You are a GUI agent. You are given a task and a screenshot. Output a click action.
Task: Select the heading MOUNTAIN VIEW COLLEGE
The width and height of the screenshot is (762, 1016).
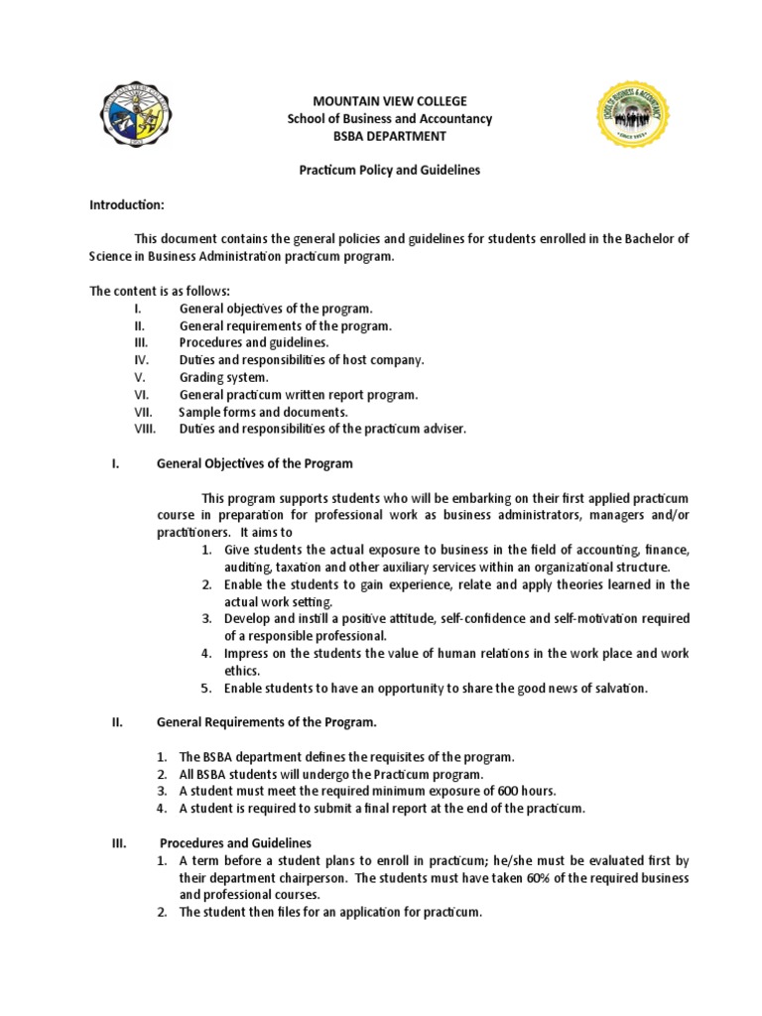click(x=375, y=102)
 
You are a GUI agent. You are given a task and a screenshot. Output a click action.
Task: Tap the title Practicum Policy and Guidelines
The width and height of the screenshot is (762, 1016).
click(x=376, y=170)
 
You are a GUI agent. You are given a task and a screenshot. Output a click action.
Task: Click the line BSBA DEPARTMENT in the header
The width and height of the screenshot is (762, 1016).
click(x=375, y=136)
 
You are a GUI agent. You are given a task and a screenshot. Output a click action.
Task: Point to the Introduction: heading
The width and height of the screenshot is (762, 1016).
click(x=127, y=203)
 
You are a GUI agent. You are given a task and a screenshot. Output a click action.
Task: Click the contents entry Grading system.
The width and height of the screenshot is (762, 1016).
click(x=223, y=377)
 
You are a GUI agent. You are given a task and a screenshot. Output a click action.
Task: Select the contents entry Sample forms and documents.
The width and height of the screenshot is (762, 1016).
click(x=263, y=411)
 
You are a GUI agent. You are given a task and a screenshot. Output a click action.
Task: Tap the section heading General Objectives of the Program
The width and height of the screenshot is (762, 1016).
click(x=255, y=463)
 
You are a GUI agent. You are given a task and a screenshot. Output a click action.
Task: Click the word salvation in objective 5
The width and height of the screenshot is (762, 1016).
click(x=617, y=688)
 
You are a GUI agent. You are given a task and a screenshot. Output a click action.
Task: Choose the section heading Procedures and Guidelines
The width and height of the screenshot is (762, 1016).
click(x=234, y=842)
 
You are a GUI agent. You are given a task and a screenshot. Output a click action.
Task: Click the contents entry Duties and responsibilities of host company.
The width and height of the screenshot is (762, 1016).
click(x=302, y=359)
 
